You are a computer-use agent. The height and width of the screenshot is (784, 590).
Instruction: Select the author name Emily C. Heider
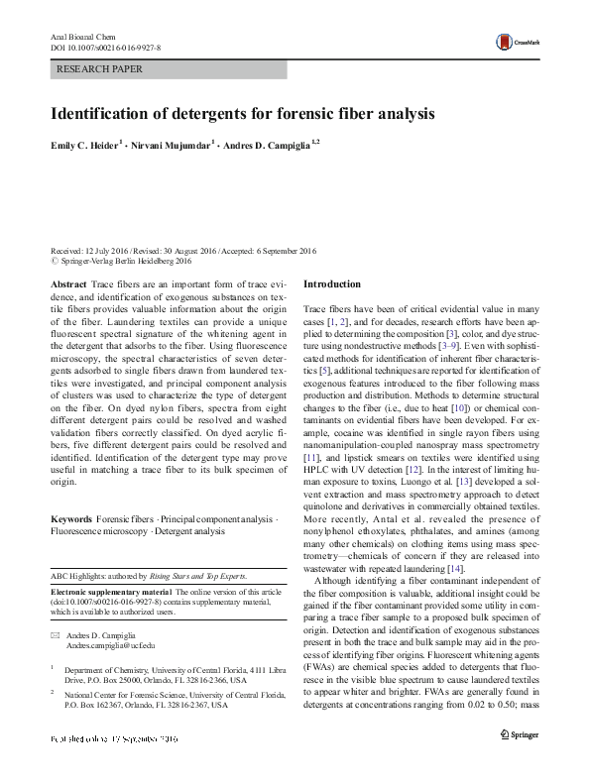(84, 145)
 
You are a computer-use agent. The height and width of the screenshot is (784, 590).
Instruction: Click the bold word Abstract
(68, 284)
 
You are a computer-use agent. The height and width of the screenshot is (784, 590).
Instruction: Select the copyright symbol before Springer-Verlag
(55, 263)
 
